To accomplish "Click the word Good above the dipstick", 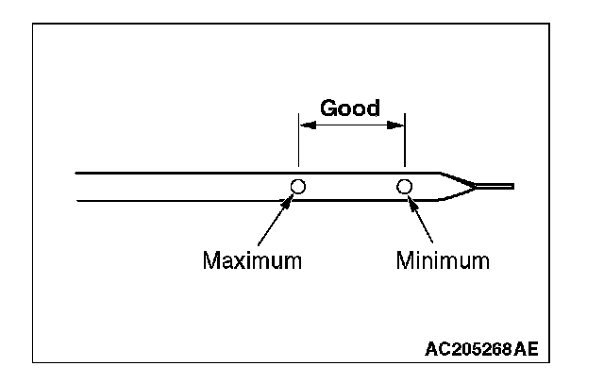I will point(350,107).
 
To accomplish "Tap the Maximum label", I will point(252,259).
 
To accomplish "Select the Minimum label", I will point(443,259).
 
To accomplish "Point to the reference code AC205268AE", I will point(482,348).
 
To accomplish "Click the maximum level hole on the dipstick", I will point(298,186).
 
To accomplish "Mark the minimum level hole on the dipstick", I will point(405,186).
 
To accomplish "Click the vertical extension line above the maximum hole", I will point(298,146).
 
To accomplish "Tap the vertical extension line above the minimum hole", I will point(405,146).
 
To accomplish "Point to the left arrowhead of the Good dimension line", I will point(304,121).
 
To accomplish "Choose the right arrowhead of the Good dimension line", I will point(399,121).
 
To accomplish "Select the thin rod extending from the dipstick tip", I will point(495,186).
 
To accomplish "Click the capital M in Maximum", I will point(211,259).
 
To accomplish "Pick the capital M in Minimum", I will point(404,259).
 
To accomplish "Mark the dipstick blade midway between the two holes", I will point(351,186).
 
